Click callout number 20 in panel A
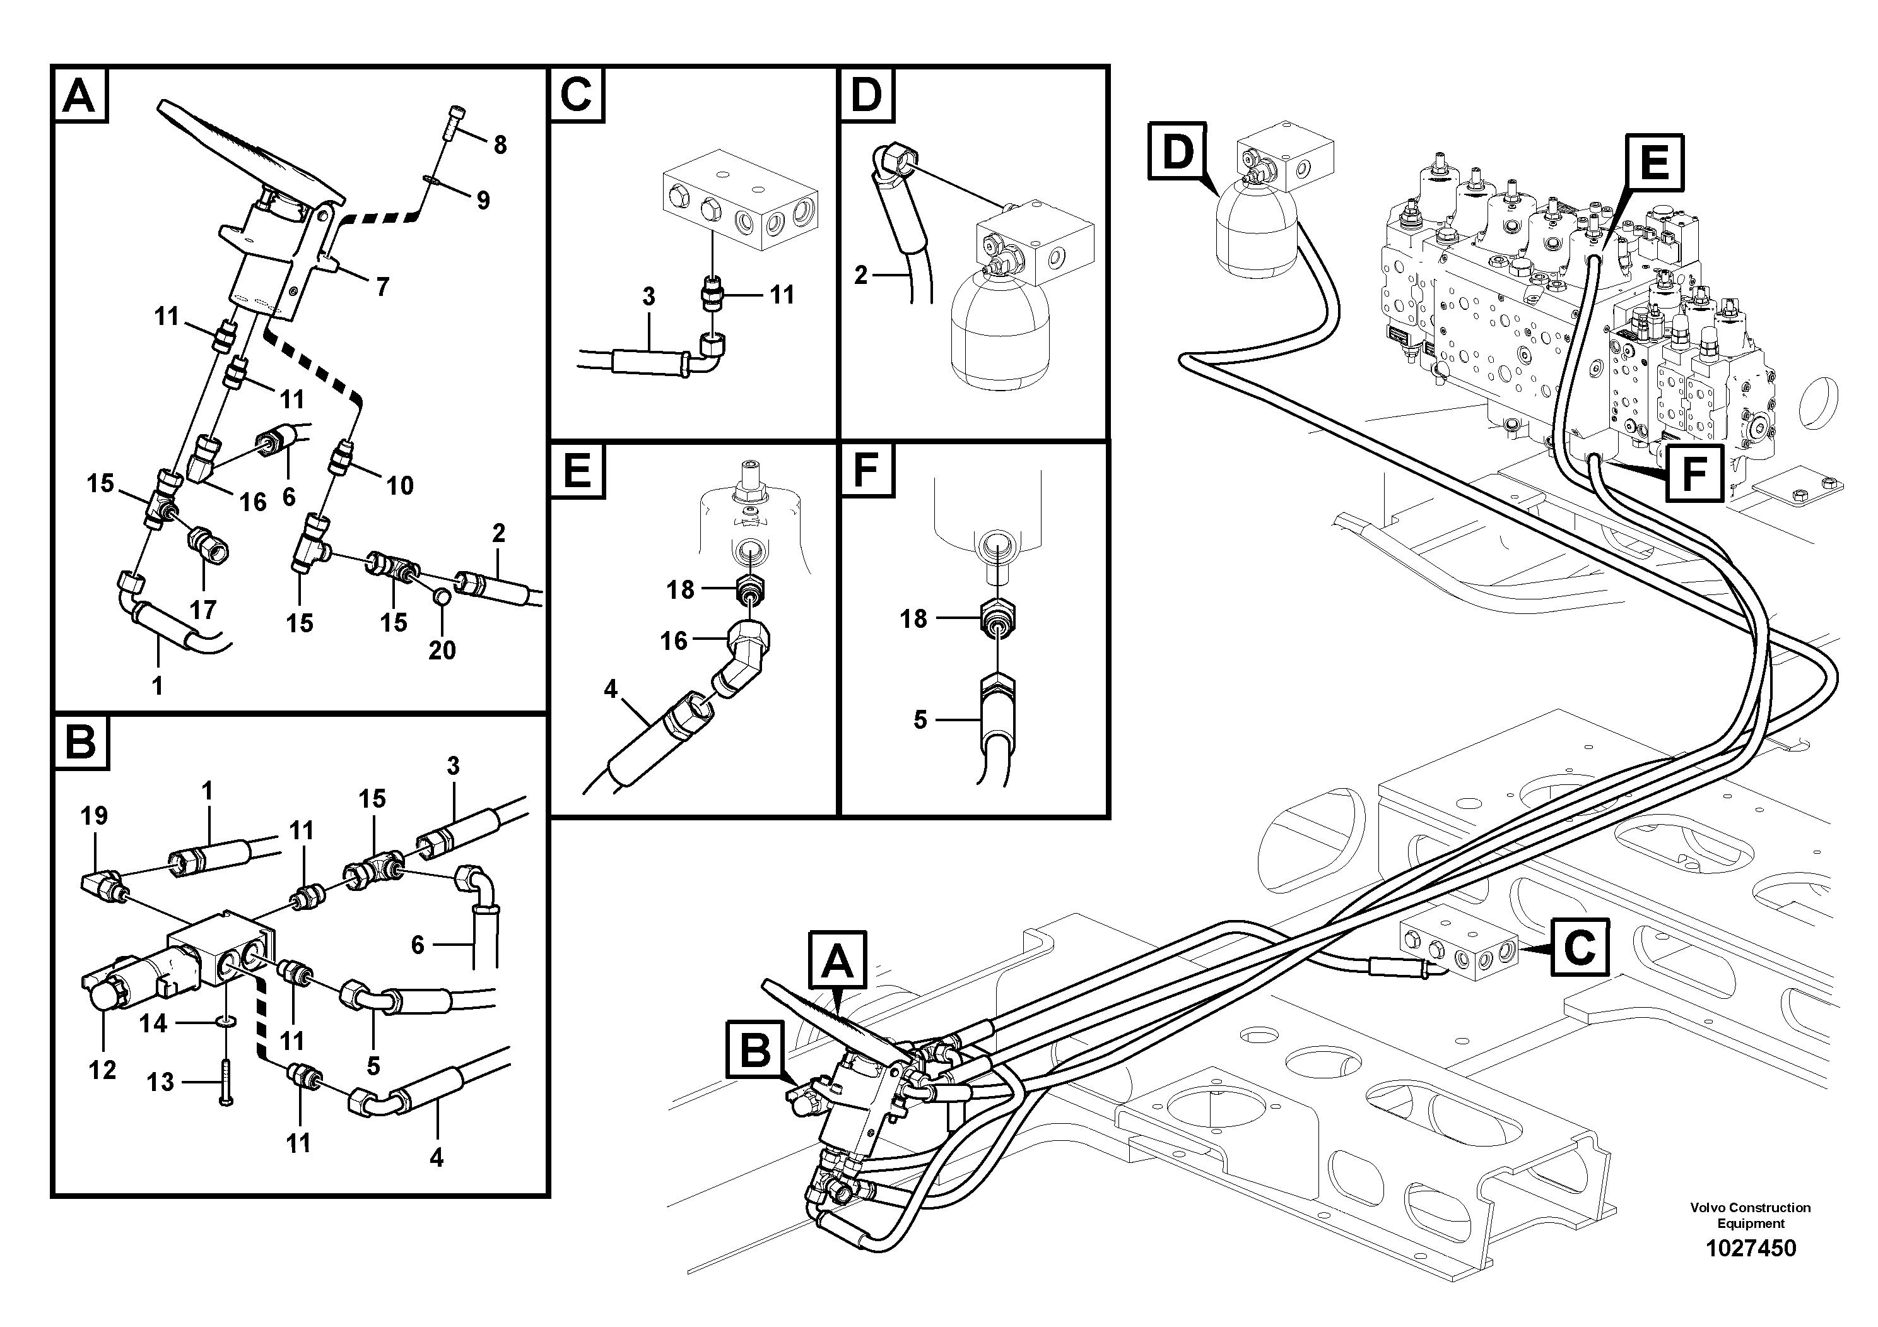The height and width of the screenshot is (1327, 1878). click(x=442, y=651)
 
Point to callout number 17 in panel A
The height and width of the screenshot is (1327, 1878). click(x=203, y=609)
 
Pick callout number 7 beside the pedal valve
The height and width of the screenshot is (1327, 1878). click(x=382, y=286)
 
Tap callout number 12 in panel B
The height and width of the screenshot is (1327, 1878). click(x=102, y=1070)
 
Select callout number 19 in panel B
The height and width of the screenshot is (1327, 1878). click(x=94, y=816)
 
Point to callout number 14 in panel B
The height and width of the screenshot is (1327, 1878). click(x=153, y=1023)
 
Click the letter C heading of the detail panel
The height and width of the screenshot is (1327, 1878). click(x=577, y=95)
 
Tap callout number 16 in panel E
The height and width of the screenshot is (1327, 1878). click(x=673, y=640)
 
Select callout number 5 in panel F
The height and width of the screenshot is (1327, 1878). click(x=920, y=720)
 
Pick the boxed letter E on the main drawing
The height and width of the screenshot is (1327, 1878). click(x=1655, y=162)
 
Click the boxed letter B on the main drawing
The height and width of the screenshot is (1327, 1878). click(x=755, y=1051)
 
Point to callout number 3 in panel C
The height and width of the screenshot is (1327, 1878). click(x=648, y=297)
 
